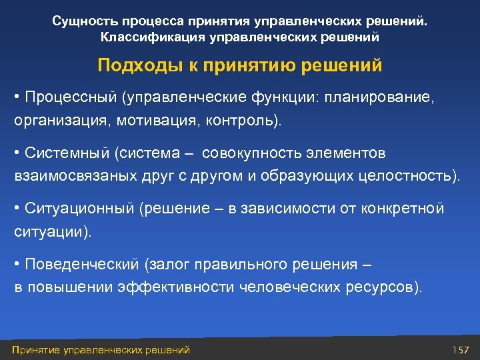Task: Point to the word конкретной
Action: pyautogui.click(x=403, y=209)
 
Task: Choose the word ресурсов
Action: pyautogui.click(x=381, y=288)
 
